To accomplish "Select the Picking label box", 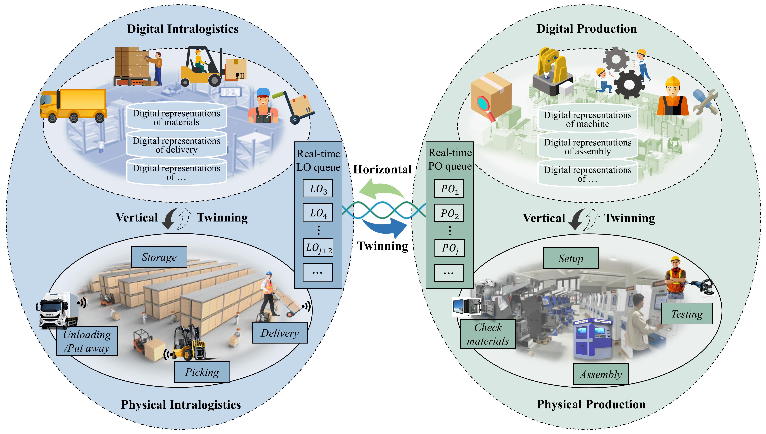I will pyautogui.click(x=202, y=372).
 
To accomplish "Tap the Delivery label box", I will pyautogui.click(x=279, y=333).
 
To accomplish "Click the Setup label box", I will pyautogui.click(x=571, y=258).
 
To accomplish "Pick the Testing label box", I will pyautogui.click(x=687, y=314).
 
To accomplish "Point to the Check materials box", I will pyautogui.click(x=488, y=334).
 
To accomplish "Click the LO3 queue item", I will pyautogui.click(x=318, y=188).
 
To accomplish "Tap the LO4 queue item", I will pyautogui.click(x=318, y=212).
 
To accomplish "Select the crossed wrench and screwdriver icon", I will pyautogui.click(x=705, y=102).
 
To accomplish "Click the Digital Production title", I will pyautogui.click(x=586, y=29).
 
